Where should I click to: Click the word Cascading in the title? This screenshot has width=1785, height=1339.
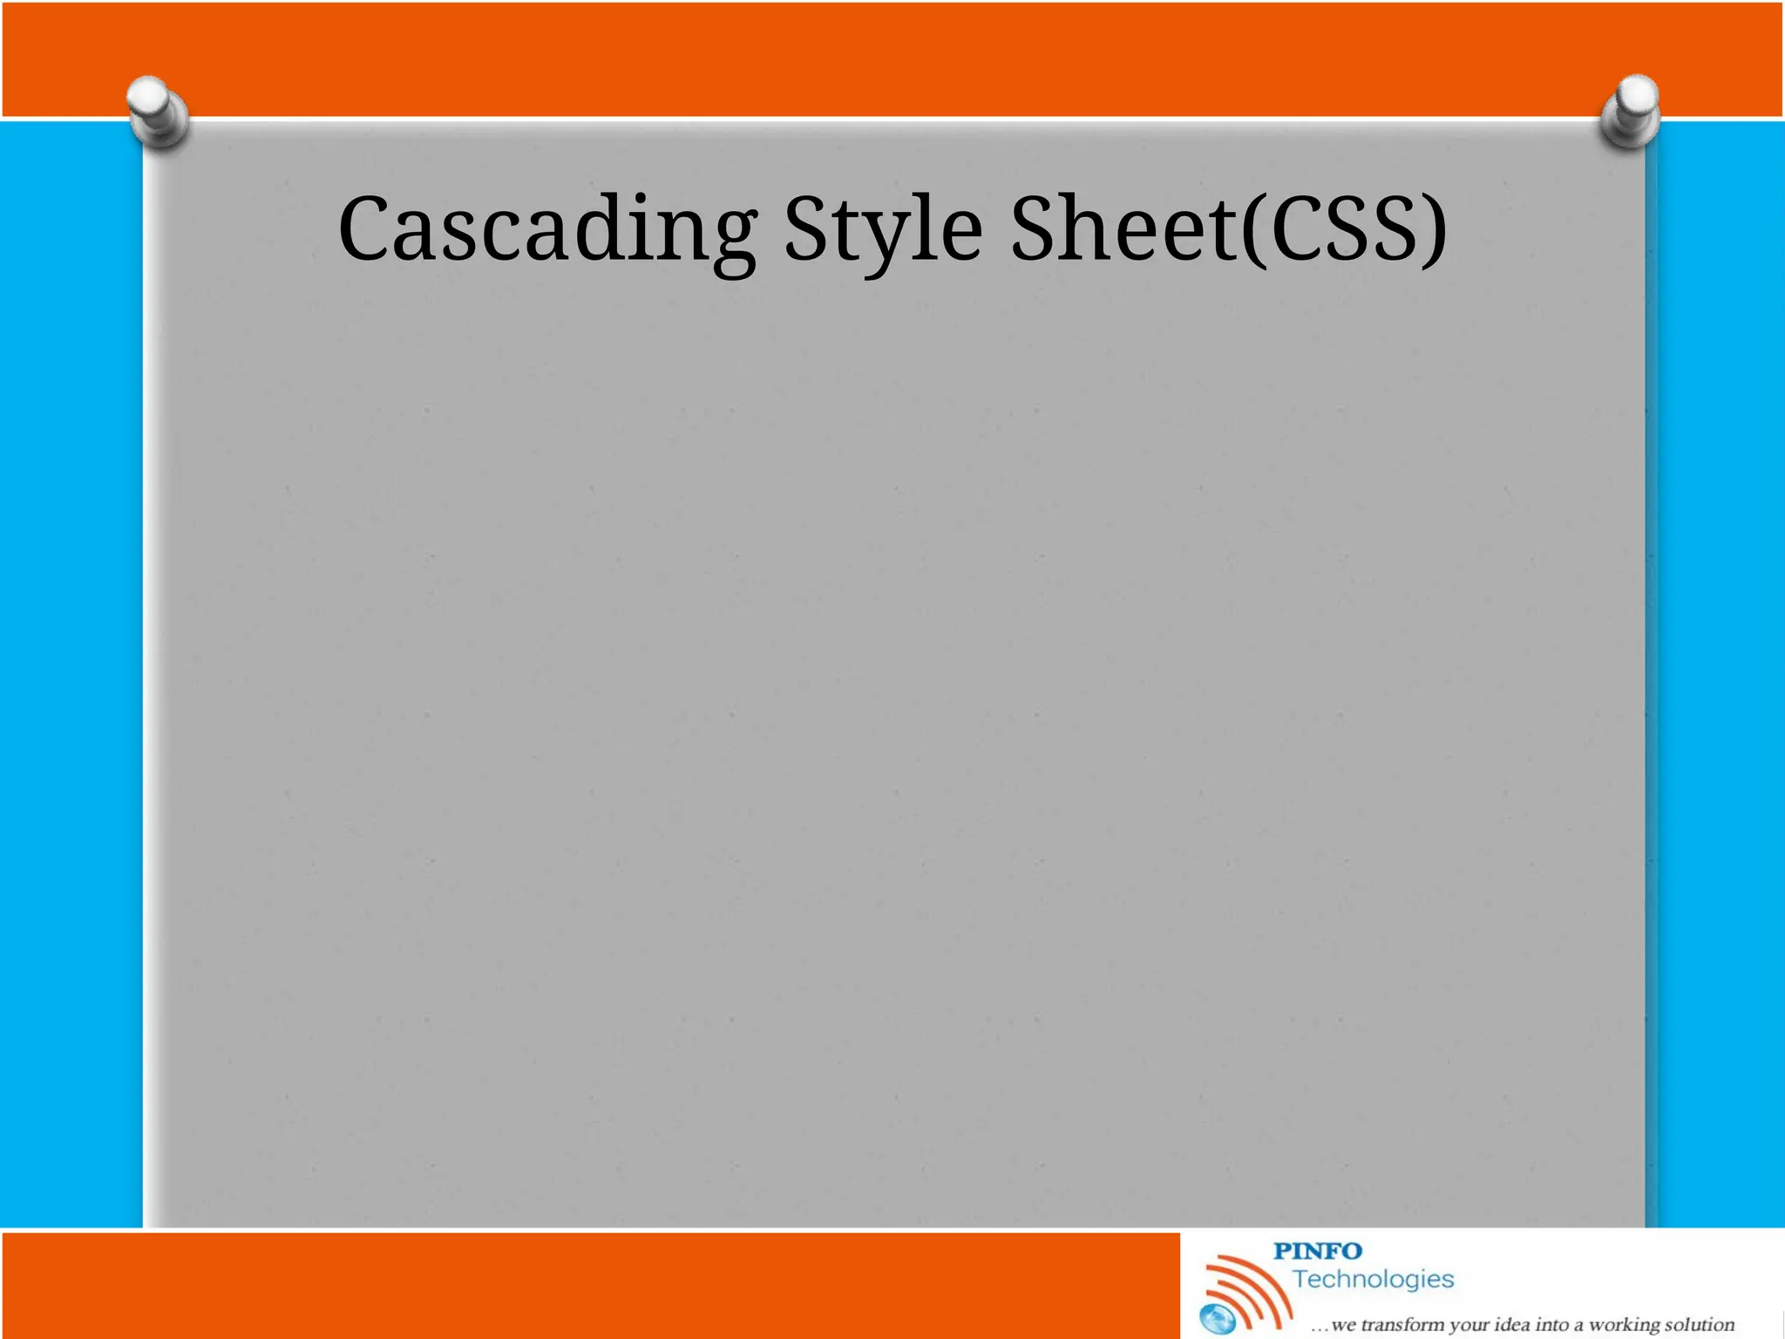547,229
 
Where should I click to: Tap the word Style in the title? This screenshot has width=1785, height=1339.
883,229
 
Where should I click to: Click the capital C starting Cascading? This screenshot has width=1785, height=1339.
363,228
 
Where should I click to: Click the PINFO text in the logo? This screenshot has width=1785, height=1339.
1317,1251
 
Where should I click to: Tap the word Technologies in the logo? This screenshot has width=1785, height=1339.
1373,1279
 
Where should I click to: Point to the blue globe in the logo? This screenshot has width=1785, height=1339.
1218,1319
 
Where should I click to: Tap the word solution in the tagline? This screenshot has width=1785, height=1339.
1700,1325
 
